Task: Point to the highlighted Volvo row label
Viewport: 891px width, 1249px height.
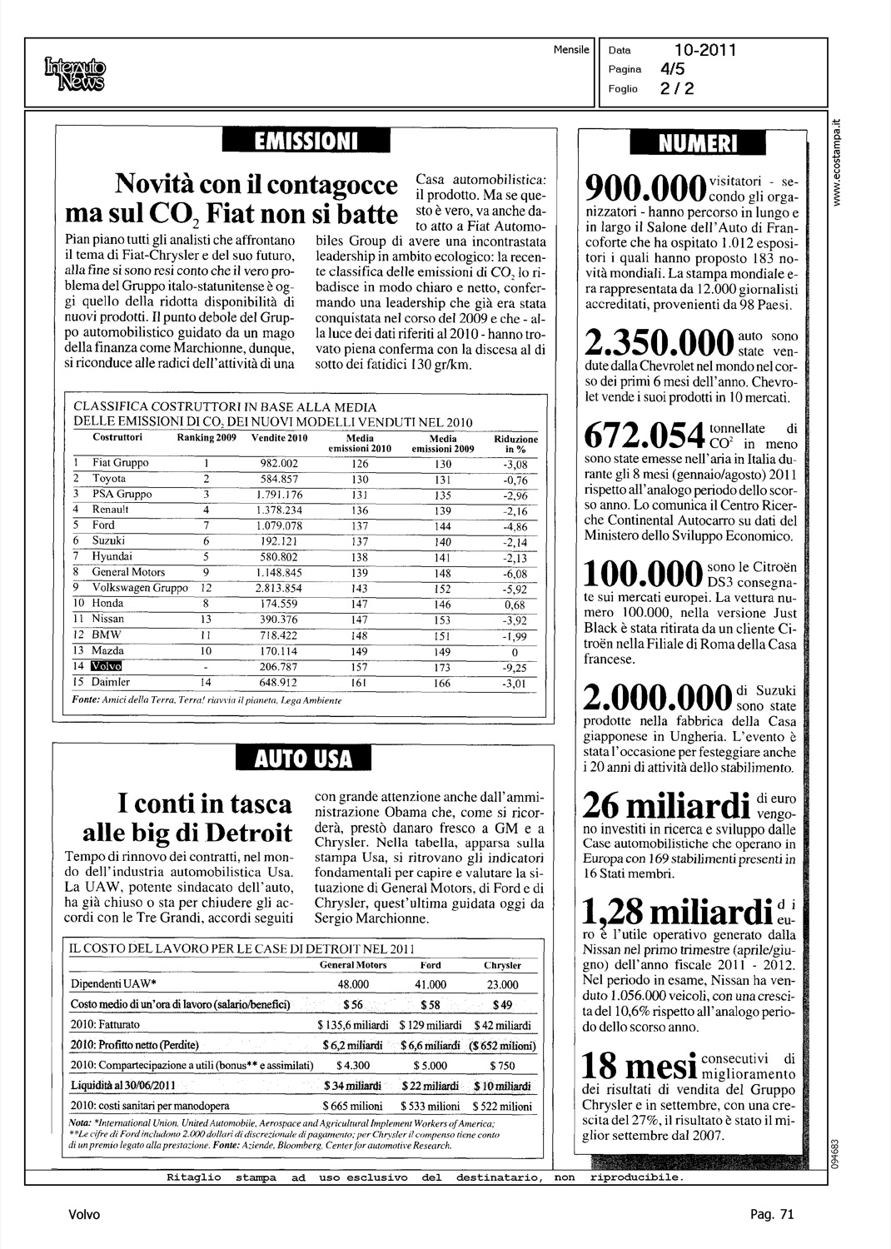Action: [x=106, y=666]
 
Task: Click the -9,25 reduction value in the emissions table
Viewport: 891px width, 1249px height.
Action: [x=515, y=667]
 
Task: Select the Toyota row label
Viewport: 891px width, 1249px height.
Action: [x=108, y=479]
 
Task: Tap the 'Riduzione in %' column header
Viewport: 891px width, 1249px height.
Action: [x=515, y=444]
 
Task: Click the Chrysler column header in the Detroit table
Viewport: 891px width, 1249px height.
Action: [x=502, y=966]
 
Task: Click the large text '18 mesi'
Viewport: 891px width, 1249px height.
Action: [x=640, y=1067]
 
